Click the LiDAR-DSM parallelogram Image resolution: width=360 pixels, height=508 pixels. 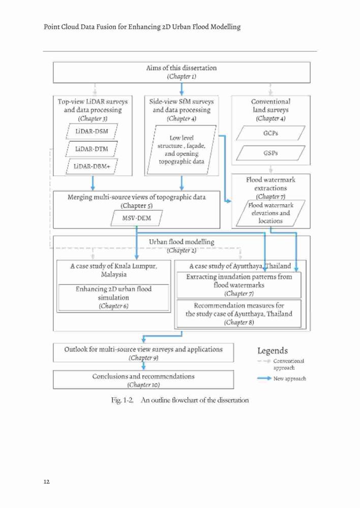92,132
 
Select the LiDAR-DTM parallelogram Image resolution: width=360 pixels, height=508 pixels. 92,149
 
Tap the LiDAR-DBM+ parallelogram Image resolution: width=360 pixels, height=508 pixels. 92,167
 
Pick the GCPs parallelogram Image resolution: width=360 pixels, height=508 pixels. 271,133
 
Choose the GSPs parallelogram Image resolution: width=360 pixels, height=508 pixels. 271,153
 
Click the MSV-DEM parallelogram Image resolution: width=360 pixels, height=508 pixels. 137,218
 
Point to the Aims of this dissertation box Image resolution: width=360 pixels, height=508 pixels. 182,72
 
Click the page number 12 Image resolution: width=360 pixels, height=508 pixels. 46,482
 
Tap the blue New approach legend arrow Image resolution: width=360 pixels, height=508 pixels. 264,378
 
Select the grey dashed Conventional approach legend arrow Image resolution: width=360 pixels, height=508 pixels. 264,361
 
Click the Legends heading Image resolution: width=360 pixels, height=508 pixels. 273,351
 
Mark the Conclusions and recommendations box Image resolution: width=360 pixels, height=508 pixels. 143,379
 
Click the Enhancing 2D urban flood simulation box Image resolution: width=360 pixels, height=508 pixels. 113,297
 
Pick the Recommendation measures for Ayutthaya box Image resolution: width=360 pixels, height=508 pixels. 239,313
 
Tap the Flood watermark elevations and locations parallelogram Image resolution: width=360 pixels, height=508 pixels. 271,213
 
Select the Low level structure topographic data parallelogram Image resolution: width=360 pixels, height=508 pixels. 182,150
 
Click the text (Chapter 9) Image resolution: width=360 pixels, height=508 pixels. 143,358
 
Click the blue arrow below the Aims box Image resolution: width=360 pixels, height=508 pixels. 182,89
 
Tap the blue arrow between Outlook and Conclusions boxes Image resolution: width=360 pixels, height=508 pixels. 143,366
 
